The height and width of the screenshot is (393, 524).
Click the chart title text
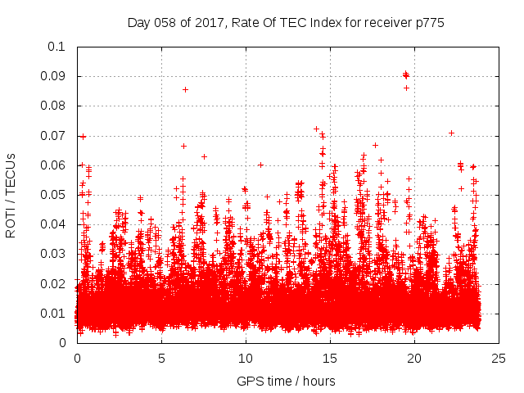point(286,23)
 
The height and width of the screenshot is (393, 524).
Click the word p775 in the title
point(427,23)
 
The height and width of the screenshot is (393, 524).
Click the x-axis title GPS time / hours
point(286,381)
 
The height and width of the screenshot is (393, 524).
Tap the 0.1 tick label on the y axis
point(57,47)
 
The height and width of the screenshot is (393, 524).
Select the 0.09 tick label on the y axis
point(54,76)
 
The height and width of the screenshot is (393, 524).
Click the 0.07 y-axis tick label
point(54,136)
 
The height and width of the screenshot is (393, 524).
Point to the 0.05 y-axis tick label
point(54,195)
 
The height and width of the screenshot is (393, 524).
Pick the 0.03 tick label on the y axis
point(54,254)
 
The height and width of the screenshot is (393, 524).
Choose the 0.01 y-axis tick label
point(54,314)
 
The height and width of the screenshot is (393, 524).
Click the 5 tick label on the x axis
point(161,359)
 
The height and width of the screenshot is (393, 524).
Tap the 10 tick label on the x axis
point(246,359)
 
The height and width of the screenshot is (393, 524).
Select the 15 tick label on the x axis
point(330,359)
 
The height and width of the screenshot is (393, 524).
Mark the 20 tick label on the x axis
point(414,359)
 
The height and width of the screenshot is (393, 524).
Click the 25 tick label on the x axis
point(499,359)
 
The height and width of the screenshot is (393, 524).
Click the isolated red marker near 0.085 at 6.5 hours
point(186,89)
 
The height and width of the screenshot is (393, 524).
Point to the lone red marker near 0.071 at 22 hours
point(451,133)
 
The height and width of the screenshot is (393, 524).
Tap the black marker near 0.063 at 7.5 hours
point(204,156)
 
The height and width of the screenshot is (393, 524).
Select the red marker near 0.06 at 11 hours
point(260,165)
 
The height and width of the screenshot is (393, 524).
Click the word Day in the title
point(139,23)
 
